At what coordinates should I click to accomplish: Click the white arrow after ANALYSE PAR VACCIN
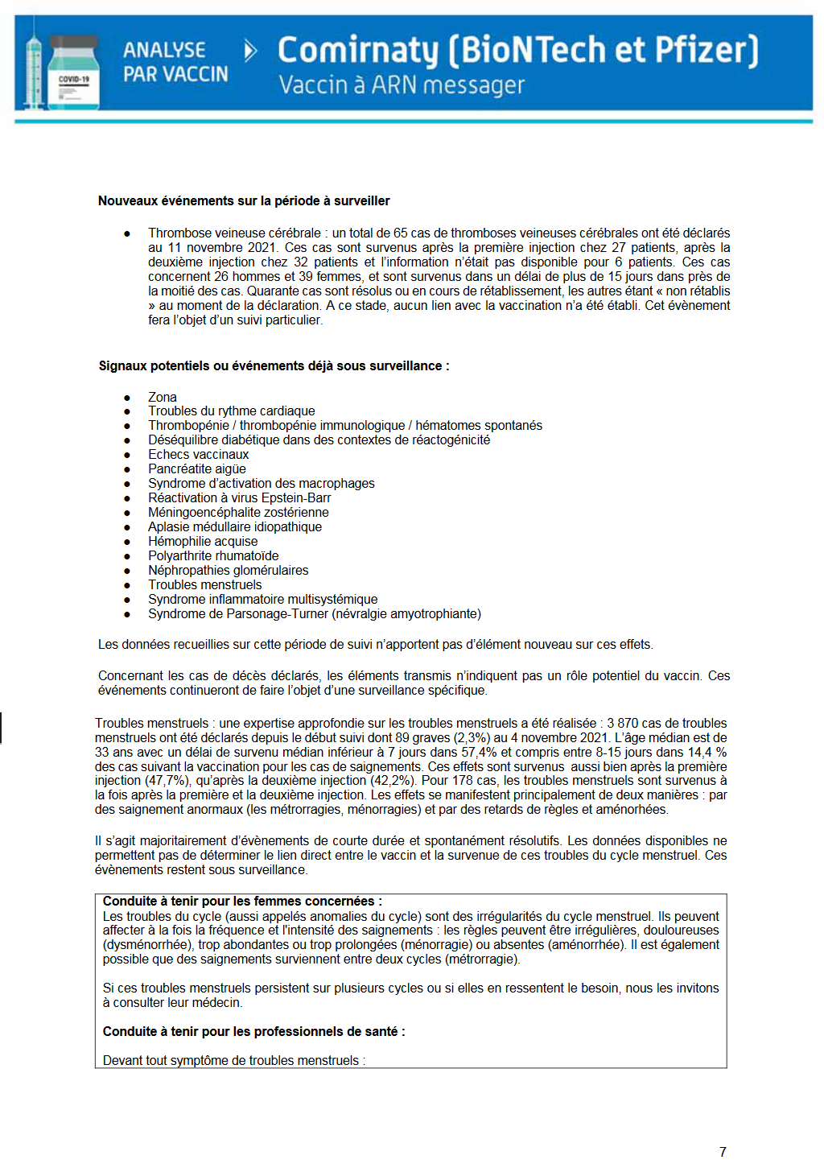coord(250,52)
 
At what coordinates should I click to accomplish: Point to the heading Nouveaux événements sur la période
coord(244,201)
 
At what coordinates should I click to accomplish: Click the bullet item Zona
coord(162,397)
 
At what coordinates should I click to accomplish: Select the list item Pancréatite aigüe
coord(197,469)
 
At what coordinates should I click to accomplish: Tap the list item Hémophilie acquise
coord(203,542)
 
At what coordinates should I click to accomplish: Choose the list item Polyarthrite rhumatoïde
coord(213,556)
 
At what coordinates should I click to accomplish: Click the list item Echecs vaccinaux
coord(199,455)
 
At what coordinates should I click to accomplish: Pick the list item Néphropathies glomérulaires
coord(229,571)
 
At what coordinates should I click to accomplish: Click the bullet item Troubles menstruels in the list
coord(205,585)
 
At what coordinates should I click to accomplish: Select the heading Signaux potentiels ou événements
coord(274,366)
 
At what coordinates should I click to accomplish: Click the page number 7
coord(723,1152)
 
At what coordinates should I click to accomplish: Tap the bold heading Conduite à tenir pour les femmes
coord(242,902)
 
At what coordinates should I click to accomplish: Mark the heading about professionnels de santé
coord(253,1032)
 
